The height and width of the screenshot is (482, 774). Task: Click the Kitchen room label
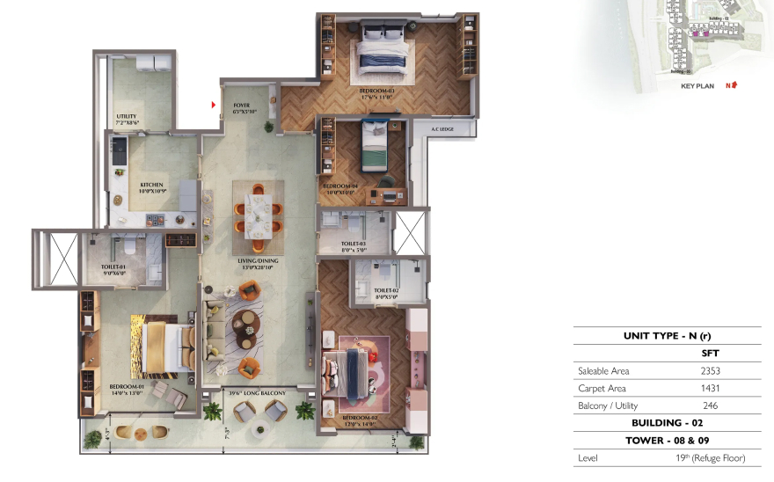151,185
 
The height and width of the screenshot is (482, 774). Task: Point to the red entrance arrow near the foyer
214,106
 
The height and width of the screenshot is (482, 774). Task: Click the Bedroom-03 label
376,91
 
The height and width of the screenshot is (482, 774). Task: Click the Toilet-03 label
360,244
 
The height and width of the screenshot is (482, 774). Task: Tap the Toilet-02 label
386,291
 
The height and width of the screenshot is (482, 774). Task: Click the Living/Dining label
259,262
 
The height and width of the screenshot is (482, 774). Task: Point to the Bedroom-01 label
127,388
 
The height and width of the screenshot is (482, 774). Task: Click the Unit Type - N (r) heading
667,336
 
